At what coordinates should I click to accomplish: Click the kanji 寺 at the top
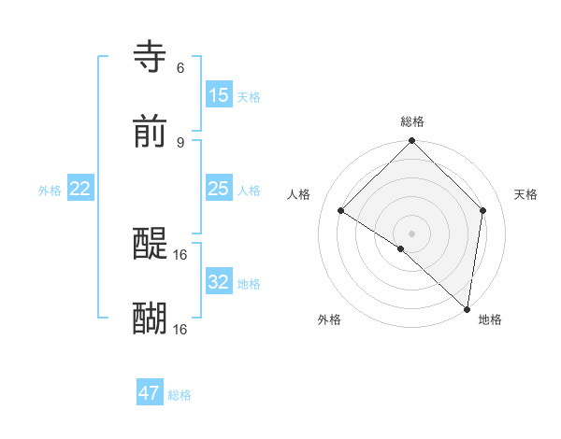click(x=150, y=57)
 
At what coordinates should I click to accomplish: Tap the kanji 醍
click(x=150, y=244)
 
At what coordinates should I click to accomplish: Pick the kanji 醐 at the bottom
click(x=150, y=319)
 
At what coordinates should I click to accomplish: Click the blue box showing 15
click(x=219, y=95)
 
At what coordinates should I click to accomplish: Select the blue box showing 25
click(x=219, y=190)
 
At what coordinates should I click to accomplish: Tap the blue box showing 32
click(x=219, y=282)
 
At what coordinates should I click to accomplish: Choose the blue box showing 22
click(x=80, y=190)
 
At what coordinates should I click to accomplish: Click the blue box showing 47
click(x=150, y=393)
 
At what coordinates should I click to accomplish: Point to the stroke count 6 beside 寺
click(x=180, y=67)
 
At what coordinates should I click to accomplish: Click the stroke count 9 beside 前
click(x=180, y=142)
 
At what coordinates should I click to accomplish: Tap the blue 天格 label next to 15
click(x=248, y=96)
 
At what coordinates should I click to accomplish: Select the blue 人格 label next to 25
click(x=248, y=191)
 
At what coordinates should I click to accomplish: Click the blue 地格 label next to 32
click(x=248, y=283)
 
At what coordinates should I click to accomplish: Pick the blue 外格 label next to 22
click(x=50, y=191)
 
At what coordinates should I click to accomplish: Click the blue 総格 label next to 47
click(x=180, y=395)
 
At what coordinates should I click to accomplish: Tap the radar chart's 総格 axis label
click(x=411, y=121)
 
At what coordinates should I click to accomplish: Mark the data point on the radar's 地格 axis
click(x=467, y=309)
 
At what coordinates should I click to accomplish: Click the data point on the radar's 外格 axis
click(x=401, y=248)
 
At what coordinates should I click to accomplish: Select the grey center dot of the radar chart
click(x=411, y=233)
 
